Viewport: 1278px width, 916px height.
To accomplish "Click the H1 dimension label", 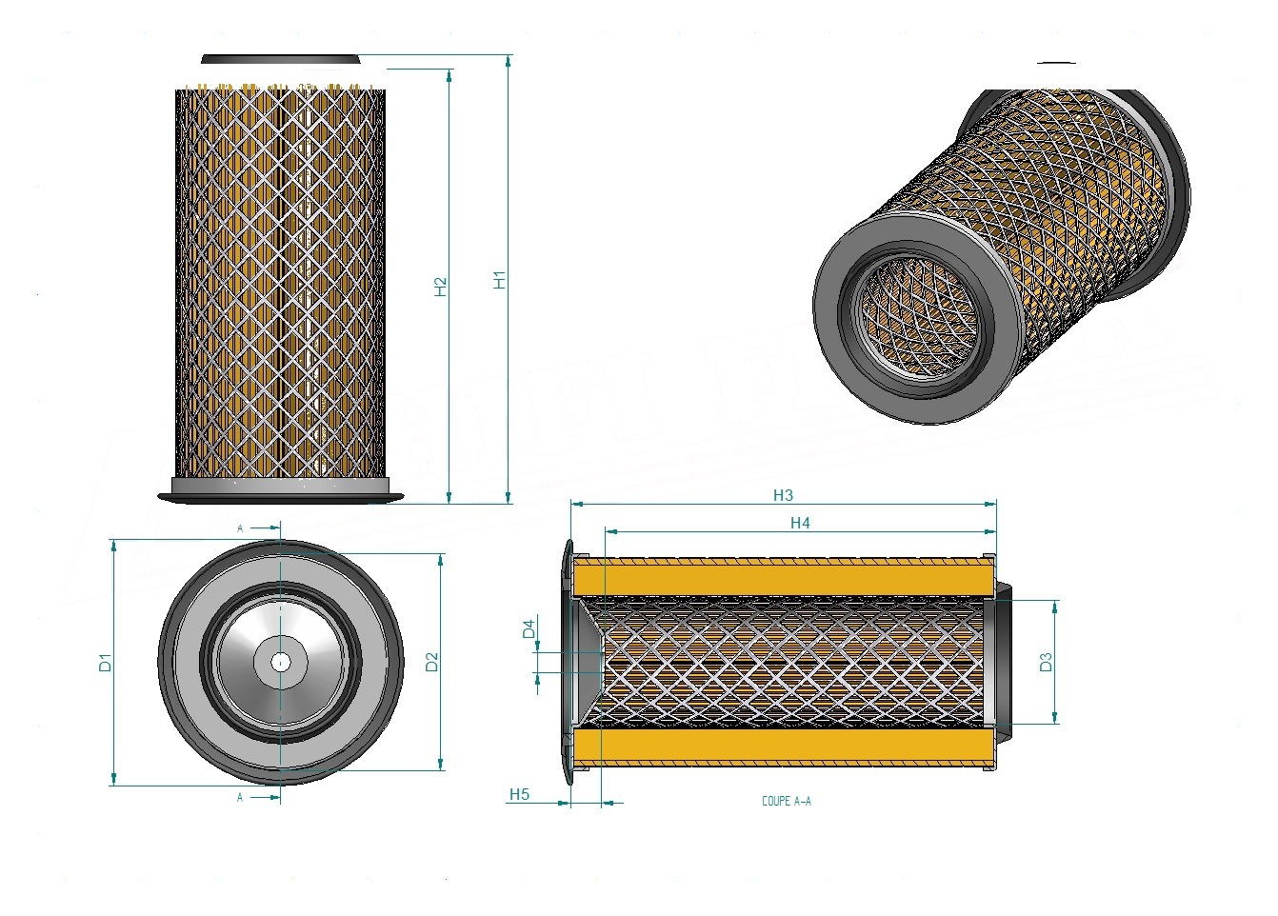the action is (x=500, y=280).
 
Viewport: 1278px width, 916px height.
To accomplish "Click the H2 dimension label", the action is (x=441, y=287).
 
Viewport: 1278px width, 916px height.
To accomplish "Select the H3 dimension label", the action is (x=784, y=495).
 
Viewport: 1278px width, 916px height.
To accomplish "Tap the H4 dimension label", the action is (x=801, y=523).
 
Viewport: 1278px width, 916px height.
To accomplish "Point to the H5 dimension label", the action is (x=519, y=794).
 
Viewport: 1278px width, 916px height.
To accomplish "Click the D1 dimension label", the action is (x=106, y=663).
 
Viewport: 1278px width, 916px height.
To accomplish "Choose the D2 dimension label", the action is (x=432, y=662).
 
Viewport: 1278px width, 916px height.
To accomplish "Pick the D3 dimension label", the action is (x=1046, y=662).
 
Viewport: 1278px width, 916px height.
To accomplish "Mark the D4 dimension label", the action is (x=529, y=628).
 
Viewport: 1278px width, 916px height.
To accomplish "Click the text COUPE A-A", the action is (x=787, y=801).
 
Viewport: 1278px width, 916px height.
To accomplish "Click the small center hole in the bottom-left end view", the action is (x=280, y=663).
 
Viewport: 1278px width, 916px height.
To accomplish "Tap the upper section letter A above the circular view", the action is (x=240, y=528).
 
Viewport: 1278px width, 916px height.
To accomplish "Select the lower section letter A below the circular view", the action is (x=240, y=797).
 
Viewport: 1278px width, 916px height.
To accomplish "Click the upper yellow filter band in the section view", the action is (x=785, y=577).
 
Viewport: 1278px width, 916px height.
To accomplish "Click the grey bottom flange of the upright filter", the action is (x=281, y=490).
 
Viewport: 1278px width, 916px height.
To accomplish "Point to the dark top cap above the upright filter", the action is (x=281, y=59).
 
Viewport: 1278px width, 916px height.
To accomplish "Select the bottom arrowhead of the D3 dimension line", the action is (x=1055, y=718).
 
